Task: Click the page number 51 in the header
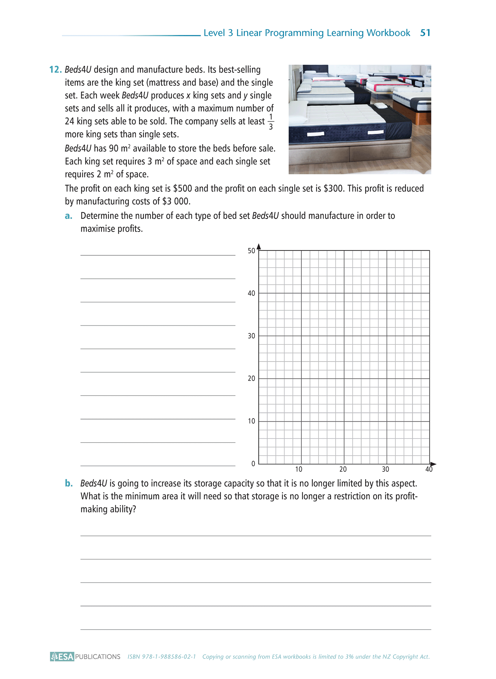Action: click(x=425, y=33)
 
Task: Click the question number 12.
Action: click(x=55, y=70)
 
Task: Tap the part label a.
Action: click(x=69, y=216)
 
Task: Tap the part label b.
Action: click(x=69, y=483)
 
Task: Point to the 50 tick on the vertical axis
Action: click(x=251, y=251)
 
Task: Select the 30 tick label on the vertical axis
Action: click(x=251, y=336)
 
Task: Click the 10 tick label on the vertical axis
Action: click(x=251, y=421)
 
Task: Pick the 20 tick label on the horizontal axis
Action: click(x=343, y=469)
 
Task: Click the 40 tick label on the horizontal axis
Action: click(x=429, y=469)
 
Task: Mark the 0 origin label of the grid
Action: click(x=253, y=464)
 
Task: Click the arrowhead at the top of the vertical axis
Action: click(x=259, y=246)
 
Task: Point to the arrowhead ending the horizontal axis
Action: click(x=433, y=464)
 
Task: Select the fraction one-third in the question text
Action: click(x=270, y=122)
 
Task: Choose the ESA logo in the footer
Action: click(x=62, y=656)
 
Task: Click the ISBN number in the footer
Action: click(x=162, y=657)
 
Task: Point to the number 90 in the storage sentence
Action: click(x=114, y=149)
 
